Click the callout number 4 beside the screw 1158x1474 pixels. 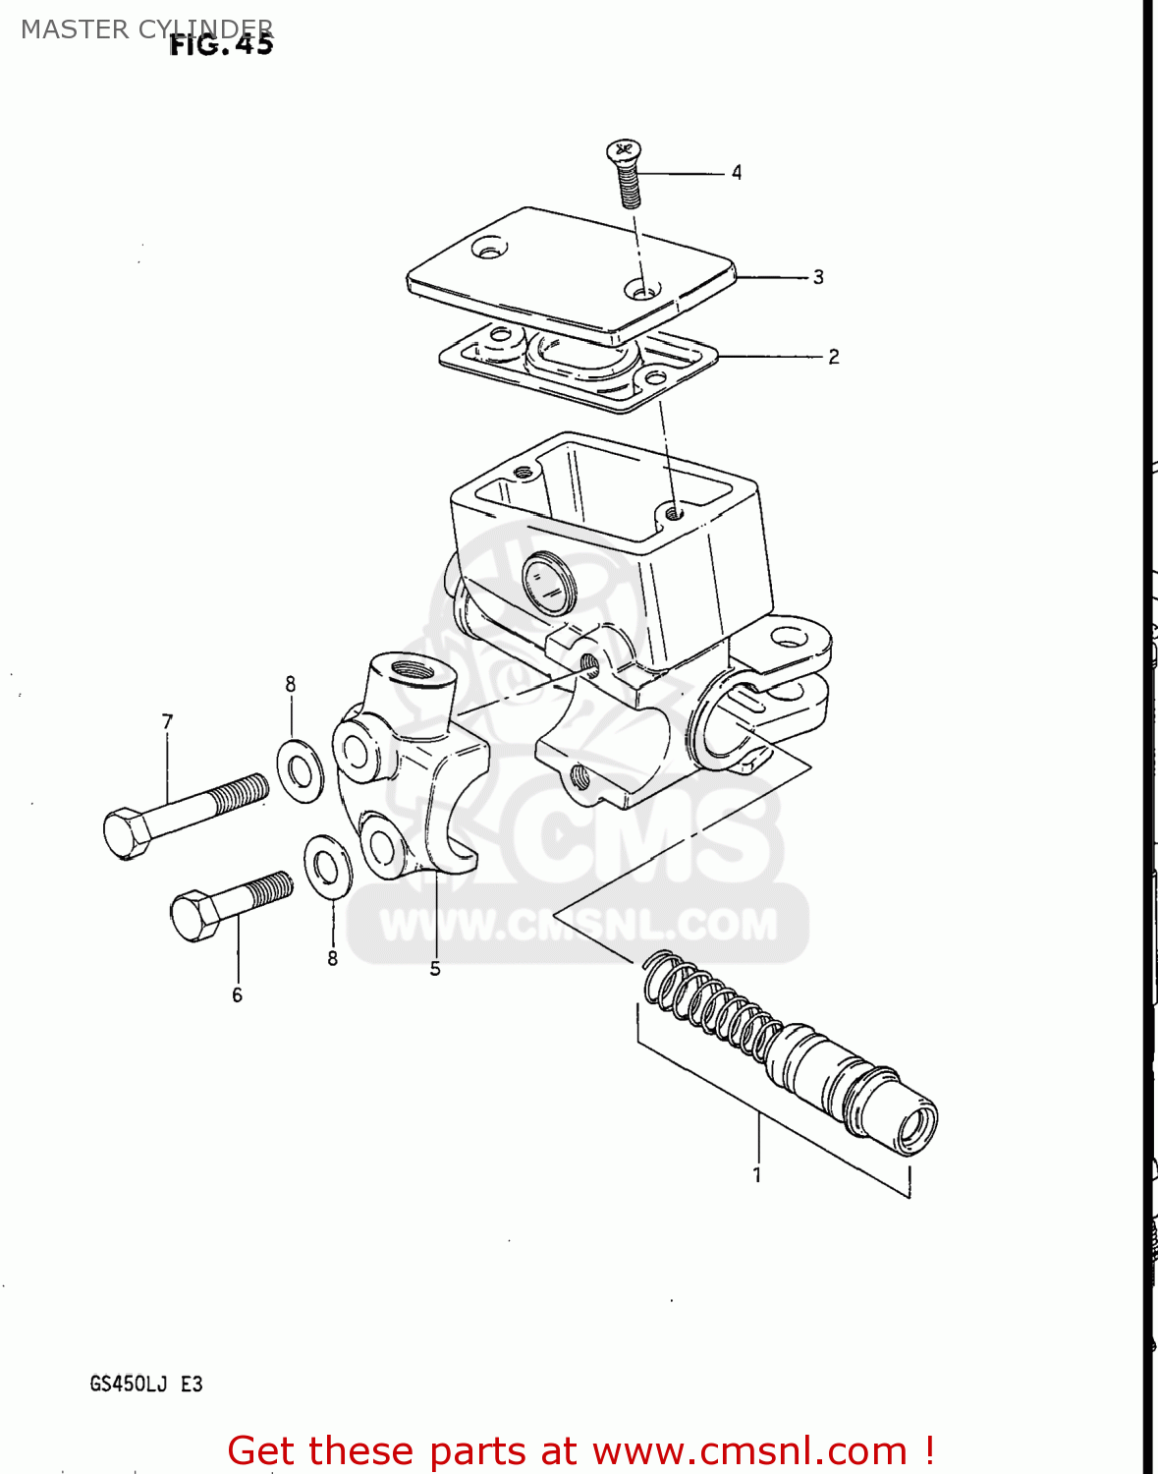point(737,173)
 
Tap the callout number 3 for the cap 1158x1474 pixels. point(818,277)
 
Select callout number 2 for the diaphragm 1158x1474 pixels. point(834,357)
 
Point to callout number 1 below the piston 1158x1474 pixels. point(757,1174)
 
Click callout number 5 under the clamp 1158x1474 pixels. point(435,969)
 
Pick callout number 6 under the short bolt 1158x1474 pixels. point(237,995)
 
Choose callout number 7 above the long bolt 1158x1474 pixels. point(167,722)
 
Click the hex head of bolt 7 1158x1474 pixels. point(126,833)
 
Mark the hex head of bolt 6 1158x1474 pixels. point(194,916)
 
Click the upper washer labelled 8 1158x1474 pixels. point(300,771)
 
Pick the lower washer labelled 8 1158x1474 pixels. point(328,866)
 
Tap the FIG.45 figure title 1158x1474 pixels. point(221,45)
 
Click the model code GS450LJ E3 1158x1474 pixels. point(146,1384)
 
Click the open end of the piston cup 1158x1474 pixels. point(917,1127)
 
